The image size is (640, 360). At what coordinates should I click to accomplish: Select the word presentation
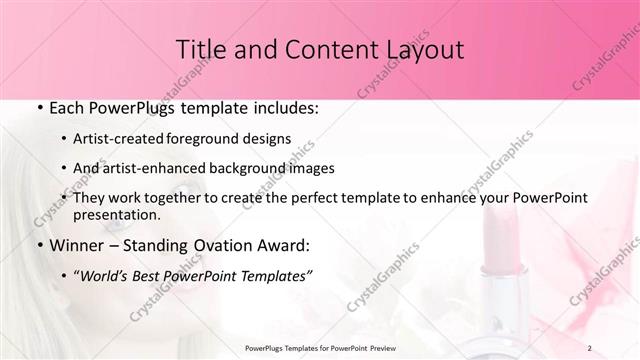[x=116, y=215]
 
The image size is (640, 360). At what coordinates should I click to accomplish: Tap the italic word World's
[x=102, y=275]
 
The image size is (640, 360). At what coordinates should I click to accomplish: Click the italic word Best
[x=147, y=275]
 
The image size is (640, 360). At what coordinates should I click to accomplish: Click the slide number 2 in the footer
[x=590, y=348]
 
